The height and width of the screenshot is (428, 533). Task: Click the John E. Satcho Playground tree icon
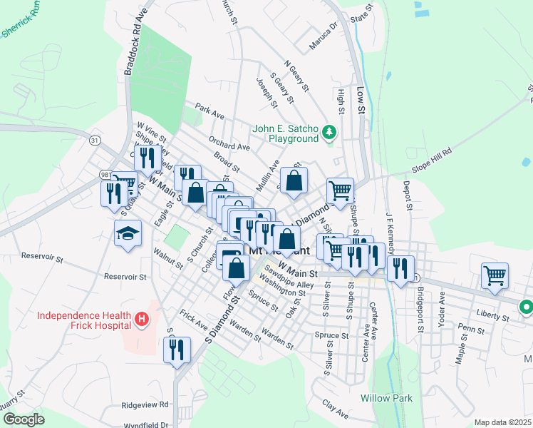coord(329,133)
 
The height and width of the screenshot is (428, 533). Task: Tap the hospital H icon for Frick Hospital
coord(143,320)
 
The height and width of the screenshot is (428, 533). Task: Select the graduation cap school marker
coord(128,233)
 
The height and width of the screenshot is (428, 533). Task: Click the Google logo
coord(23,419)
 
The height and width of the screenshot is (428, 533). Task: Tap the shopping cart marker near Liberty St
coord(495,275)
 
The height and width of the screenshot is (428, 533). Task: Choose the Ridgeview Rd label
coord(145,404)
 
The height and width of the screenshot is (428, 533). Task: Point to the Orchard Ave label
coord(229,143)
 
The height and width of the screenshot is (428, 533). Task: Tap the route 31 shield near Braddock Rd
coord(95,141)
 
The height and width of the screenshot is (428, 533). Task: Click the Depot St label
coord(408,194)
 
